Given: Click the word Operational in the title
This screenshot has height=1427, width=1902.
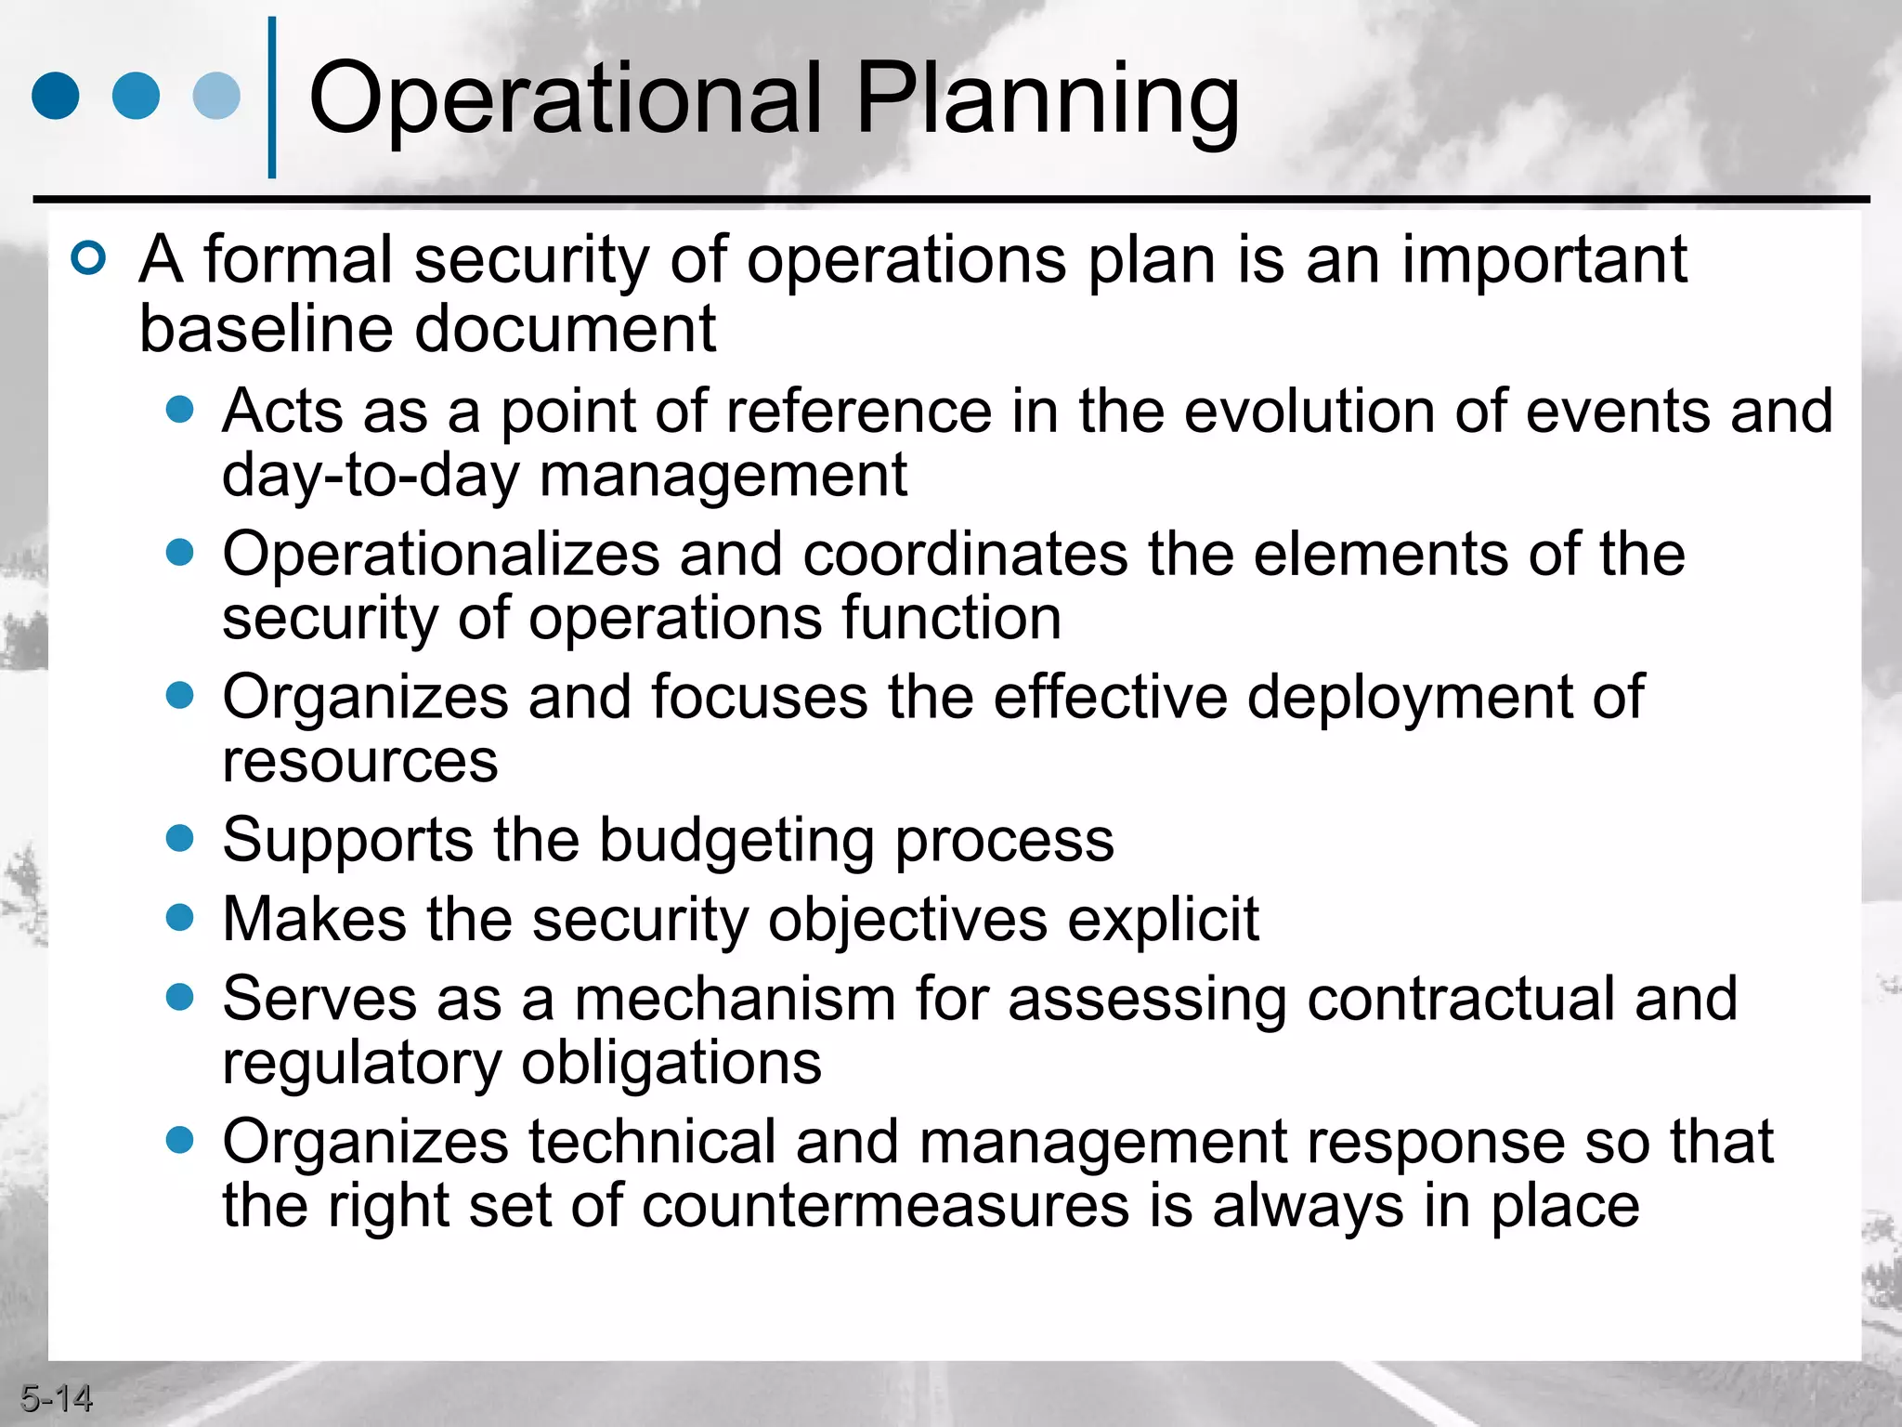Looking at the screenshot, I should tap(565, 98).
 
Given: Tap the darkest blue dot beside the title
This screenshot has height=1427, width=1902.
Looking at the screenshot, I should tap(55, 96).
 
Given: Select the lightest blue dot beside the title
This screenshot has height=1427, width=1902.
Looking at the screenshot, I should tap(216, 96).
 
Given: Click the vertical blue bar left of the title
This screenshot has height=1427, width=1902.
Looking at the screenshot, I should tap(272, 98).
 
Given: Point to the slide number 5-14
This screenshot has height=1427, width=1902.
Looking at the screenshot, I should tap(56, 1398).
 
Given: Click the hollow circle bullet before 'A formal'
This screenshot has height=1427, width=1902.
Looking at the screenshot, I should tap(89, 258).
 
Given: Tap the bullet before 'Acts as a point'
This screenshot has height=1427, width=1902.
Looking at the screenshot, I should tap(179, 410).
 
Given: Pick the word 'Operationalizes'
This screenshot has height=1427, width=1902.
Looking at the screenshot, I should tap(440, 555).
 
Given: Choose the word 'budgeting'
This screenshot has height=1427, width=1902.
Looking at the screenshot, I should tap(736, 841).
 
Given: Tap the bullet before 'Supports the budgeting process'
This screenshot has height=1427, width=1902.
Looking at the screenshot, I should tap(179, 839).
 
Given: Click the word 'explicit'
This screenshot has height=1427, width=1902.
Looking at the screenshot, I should tap(1163, 920).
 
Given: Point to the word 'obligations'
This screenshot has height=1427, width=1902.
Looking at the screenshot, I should tap(671, 1063).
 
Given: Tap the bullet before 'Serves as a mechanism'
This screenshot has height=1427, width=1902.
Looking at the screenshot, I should tap(179, 998).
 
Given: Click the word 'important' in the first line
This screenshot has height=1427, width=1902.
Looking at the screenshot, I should tap(1544, 260).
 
